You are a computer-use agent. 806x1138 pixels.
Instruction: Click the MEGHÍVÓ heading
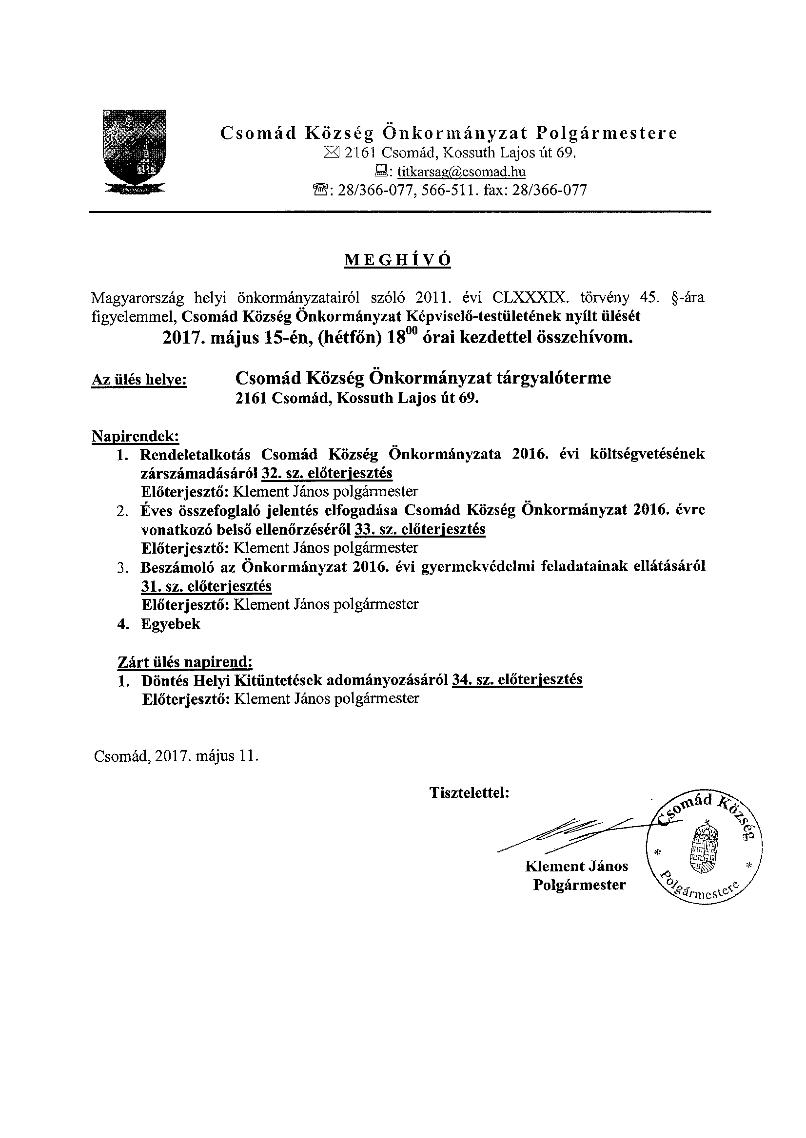click(397, 260)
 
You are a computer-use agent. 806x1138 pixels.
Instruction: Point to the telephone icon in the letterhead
click(322, 190)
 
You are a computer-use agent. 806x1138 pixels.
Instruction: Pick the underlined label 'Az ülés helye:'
click(139, 380)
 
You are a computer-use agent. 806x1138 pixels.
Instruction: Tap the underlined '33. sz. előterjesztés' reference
click(420, 529)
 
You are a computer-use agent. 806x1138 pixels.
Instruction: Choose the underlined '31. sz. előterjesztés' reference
click(206, 586)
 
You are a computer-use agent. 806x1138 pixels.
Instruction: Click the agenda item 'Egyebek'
click(171, 623)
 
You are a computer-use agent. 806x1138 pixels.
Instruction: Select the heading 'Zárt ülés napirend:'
click(185, 662)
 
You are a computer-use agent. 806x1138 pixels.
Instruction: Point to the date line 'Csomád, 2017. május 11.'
click(176, 756)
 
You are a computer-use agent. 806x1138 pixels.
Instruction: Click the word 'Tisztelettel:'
click(470, 793)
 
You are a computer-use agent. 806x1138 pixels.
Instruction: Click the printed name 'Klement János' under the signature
click(576, 867)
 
